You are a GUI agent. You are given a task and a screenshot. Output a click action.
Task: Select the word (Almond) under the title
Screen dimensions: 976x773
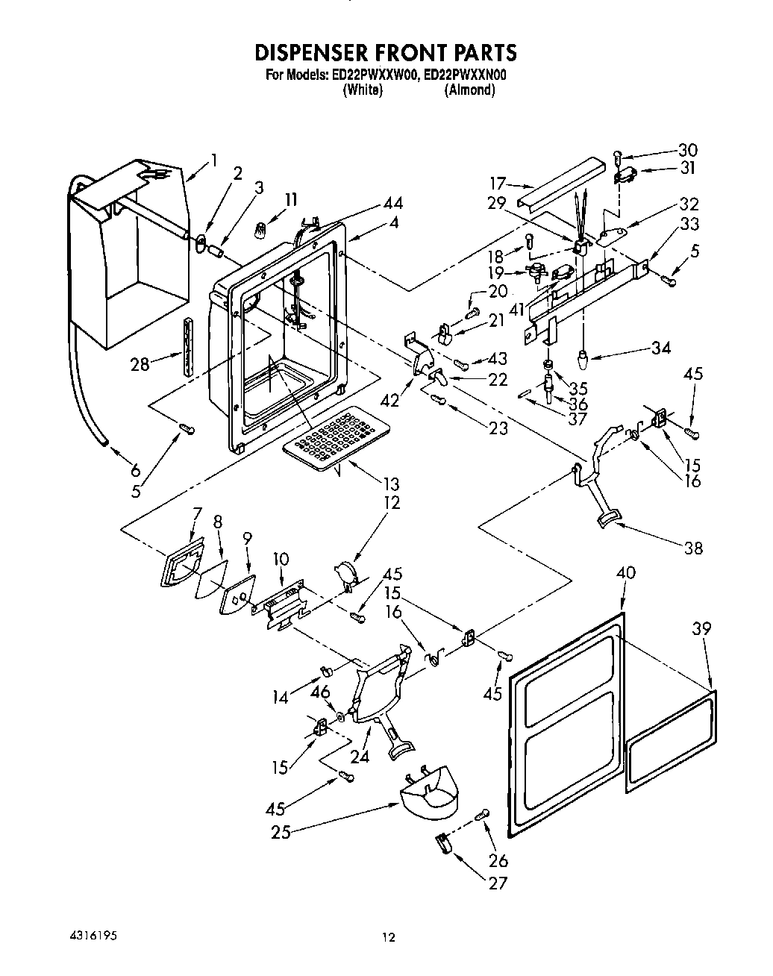pos(469,90)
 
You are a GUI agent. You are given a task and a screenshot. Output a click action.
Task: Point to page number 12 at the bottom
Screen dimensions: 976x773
pos(387,939)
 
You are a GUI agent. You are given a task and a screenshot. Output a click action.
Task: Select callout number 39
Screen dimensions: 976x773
pos(700,629)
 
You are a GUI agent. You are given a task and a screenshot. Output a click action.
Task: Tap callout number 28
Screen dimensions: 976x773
pos(140,364)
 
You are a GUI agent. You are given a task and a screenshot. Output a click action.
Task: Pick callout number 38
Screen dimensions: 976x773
pos(693,548)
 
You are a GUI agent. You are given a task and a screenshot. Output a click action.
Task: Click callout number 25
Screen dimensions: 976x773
pos(281,832)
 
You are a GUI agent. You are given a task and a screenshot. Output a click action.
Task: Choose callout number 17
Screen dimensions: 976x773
pos(498,184)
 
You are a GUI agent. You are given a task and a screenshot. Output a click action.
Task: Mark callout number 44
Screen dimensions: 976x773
pos(392,204)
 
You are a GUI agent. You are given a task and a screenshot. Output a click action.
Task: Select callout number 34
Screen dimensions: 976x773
pos(660,348)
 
